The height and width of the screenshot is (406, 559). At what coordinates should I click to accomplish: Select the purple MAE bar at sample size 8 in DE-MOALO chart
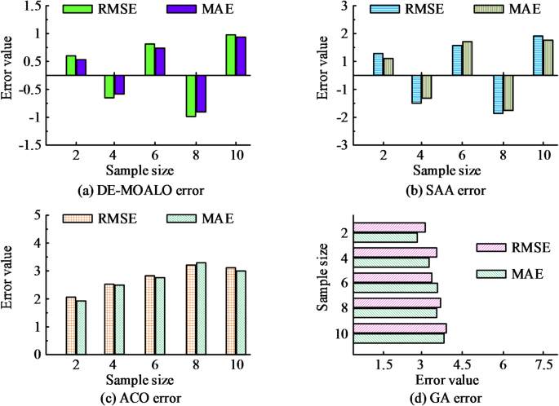(x=201, y=94)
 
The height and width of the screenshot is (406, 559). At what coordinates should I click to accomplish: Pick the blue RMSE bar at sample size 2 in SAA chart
(x=378, y=64)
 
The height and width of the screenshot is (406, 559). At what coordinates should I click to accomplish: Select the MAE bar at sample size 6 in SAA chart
(x=467, y=58)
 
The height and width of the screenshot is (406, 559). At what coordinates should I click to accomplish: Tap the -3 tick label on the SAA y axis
(x=344, y=145)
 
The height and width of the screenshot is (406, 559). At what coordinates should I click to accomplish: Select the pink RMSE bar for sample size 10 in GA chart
(x=400, y=329)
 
